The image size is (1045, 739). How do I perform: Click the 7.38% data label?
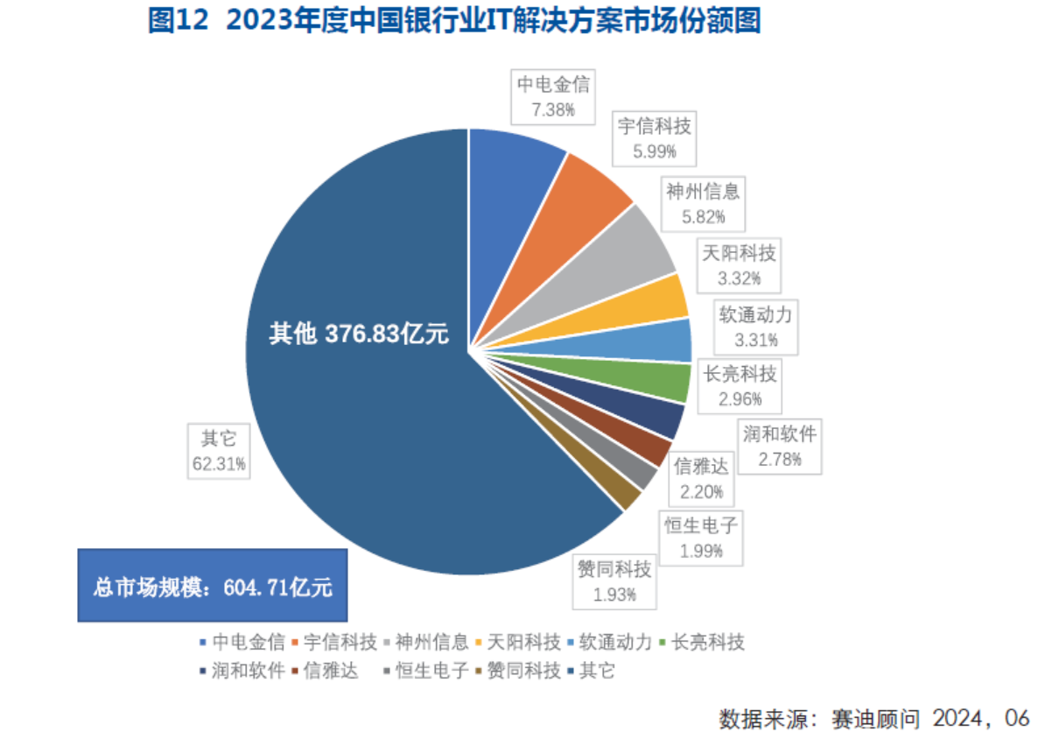pyautogui.click(x=553, y=97)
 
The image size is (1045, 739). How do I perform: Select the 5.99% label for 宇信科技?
pyautogui.click(x=655, y=139)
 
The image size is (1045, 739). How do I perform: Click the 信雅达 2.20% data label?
pyautogui.click(x=701, y=478)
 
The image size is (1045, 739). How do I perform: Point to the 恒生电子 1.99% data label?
pyautogui.click(x=702, y=538)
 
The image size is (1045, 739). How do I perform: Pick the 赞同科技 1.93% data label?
pyautogui.click(x=614, y=583)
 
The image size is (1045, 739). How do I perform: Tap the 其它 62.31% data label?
pyautogui.click(x=219, y=451)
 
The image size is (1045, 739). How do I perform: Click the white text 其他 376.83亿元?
pyautogui.click(x=359, y=334)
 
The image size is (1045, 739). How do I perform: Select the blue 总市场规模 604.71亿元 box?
pyautogui.click(x=213, y=586)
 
